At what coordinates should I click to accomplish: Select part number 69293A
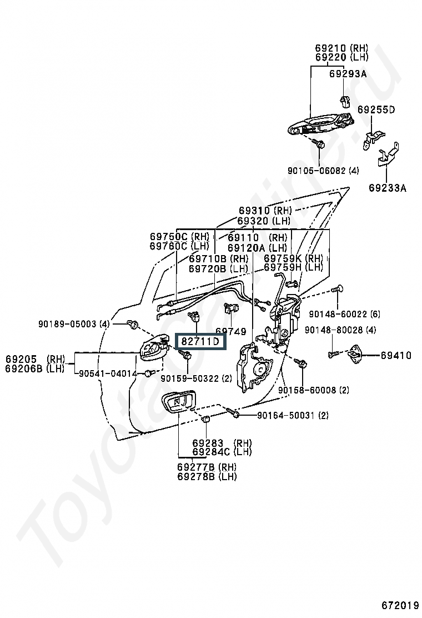click(348, 74)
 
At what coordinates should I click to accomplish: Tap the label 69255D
click(376, 109)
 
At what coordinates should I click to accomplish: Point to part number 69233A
click(387, 188)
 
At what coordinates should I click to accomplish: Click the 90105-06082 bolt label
click(323, 171)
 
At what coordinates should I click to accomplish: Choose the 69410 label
click(396, 355)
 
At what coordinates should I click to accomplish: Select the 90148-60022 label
click(344, 314)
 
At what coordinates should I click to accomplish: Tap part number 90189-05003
click(74, 323)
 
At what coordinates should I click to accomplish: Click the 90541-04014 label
click(108, 373)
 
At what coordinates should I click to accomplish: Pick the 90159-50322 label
click(196, 379)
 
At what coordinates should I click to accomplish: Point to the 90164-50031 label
click(293, 415)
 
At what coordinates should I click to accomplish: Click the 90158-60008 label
click(313, 390)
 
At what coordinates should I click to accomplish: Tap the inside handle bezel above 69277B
click(178, 402)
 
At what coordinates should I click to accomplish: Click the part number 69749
click(230, 331)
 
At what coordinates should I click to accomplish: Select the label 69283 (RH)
click(222, 443)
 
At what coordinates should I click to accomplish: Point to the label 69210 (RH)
click(341, 48)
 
